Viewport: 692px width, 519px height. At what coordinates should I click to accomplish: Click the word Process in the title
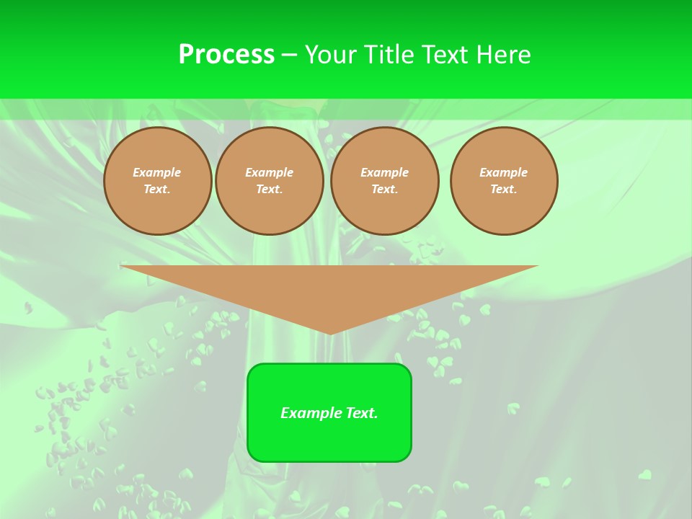pos(226,55)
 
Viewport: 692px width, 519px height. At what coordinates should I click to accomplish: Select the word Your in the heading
pos(330,55)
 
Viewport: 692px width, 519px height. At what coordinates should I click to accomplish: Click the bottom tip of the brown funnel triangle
pos(330,332)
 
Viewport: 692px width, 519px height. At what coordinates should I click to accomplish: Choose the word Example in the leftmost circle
pos(157,172)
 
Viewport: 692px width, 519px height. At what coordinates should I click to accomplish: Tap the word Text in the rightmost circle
pos(503,189)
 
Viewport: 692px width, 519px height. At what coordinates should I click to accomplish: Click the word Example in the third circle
pos(384,172)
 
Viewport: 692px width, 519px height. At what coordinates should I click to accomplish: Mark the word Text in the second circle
pos(269,189)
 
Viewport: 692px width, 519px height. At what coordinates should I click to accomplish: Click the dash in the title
pos(290,55)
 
